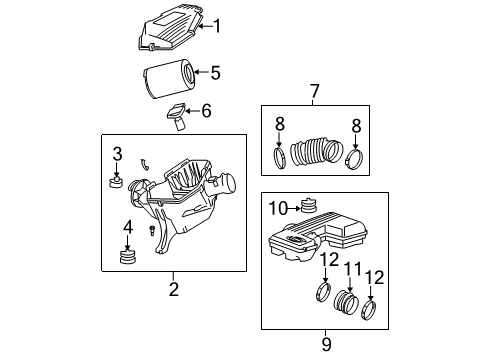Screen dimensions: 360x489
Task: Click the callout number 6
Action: (206, 111)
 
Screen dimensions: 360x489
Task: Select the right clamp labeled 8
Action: (353, 158)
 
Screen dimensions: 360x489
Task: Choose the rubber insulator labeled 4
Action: (127, 260)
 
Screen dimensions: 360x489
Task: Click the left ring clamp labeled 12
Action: (324, 295)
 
